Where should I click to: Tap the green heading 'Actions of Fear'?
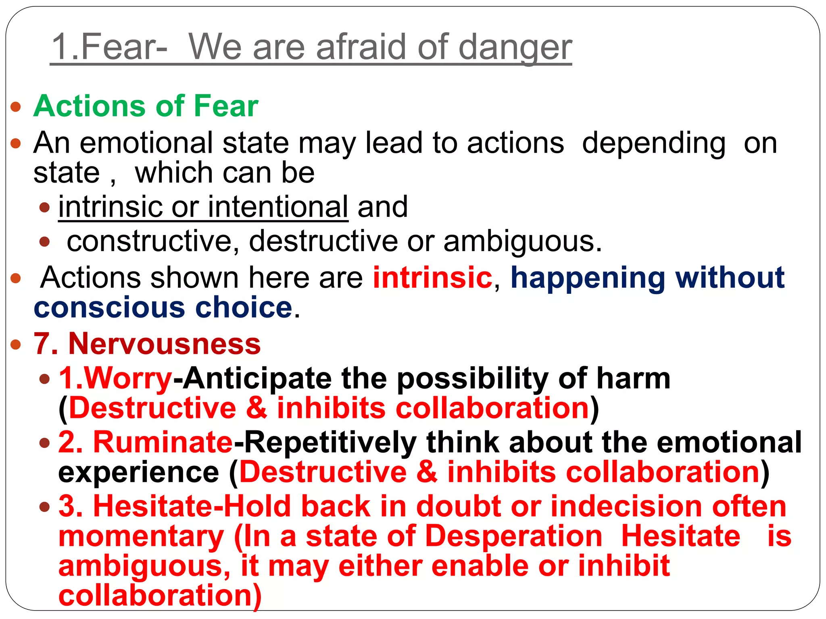(146, 106)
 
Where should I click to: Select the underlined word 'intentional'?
(278, 207)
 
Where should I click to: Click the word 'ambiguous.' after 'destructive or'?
(523, 241)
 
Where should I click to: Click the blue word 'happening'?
(588, 278)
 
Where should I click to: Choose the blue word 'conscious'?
(110, 307)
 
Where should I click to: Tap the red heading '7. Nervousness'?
(147, 344)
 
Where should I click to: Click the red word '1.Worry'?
(115, 378)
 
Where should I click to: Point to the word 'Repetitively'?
(330, 442)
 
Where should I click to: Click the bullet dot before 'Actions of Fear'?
(16, 107)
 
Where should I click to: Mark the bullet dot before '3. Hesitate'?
(45, 507)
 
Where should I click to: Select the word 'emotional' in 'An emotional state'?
(146, 143)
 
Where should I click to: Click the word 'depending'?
(654, 143)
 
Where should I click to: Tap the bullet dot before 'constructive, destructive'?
(45, 242)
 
